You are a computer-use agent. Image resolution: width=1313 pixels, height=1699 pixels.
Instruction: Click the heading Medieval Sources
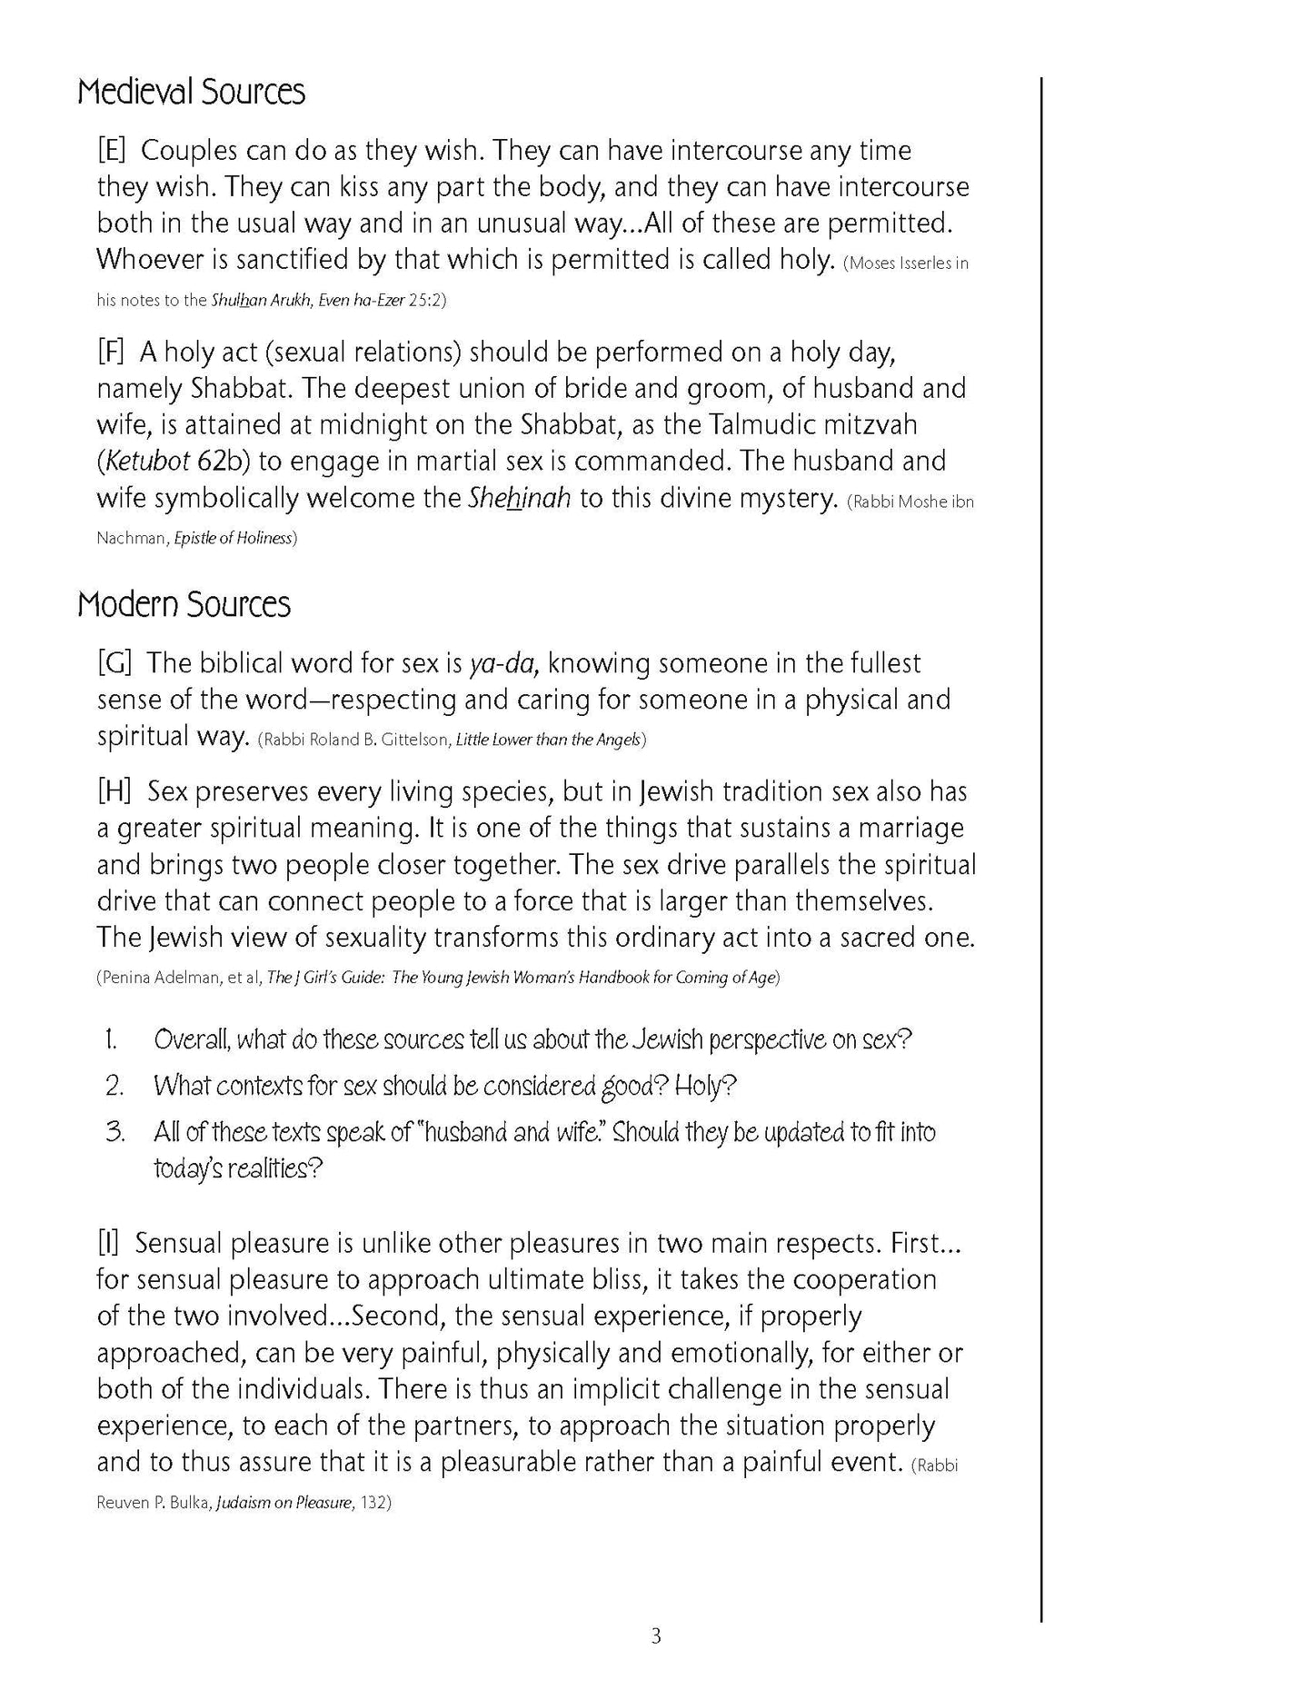(191, 93)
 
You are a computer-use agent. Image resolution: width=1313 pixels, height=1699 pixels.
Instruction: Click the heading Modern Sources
(184, 605)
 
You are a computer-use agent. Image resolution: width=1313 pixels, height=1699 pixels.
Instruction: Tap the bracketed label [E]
(112, 151)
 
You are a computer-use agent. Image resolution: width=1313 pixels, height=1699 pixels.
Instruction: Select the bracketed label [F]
(111, 353)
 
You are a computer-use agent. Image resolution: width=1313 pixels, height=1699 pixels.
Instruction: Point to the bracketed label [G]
(114, 663)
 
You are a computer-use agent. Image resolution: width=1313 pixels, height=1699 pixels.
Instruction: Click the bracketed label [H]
(114, 792)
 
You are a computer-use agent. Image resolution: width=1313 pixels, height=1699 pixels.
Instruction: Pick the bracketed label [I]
(109, 1243)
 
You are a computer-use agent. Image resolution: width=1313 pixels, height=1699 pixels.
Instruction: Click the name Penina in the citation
(125, 979)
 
